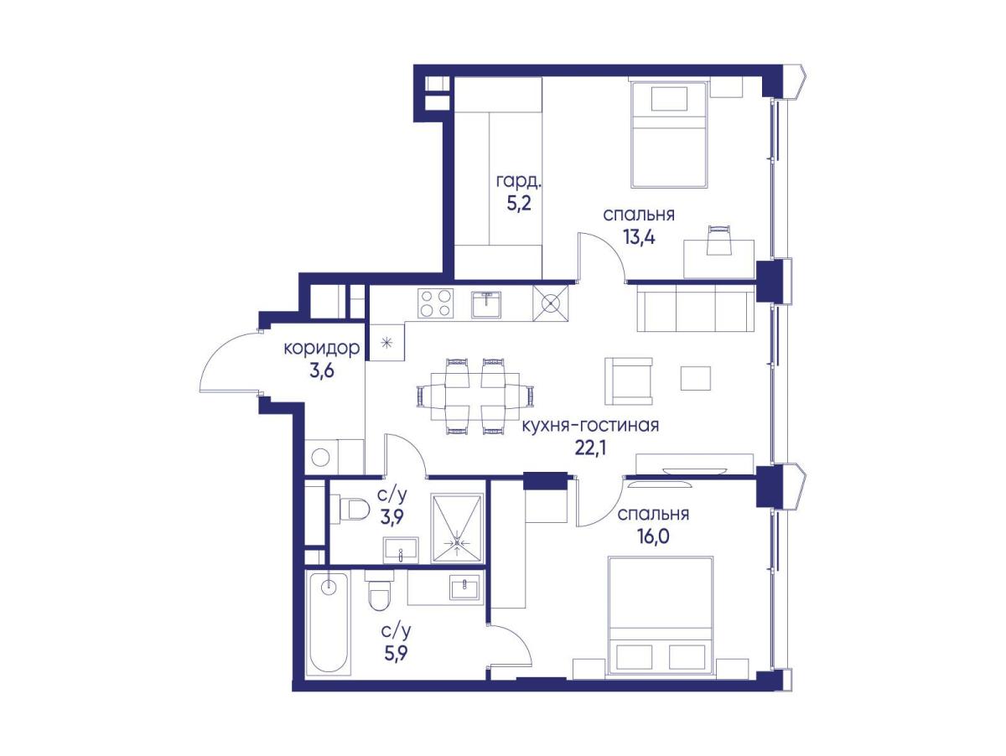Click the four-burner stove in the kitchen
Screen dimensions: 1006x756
coord(435,303)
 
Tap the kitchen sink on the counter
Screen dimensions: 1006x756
coord(486,304)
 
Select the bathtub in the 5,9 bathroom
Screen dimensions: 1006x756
coord(329,623)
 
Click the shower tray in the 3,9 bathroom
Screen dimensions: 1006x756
coord(458,528)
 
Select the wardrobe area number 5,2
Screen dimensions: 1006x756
coord(519,203)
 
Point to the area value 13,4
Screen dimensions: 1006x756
coord(639,237)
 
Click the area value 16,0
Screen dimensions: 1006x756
coord(652,536)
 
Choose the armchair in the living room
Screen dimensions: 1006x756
coord(629,381)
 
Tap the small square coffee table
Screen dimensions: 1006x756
coord(695,378)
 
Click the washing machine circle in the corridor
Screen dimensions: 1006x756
coord(320,457)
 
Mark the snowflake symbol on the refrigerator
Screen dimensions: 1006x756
coord(387,342)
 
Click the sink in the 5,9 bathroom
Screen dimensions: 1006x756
coord(464,587)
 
